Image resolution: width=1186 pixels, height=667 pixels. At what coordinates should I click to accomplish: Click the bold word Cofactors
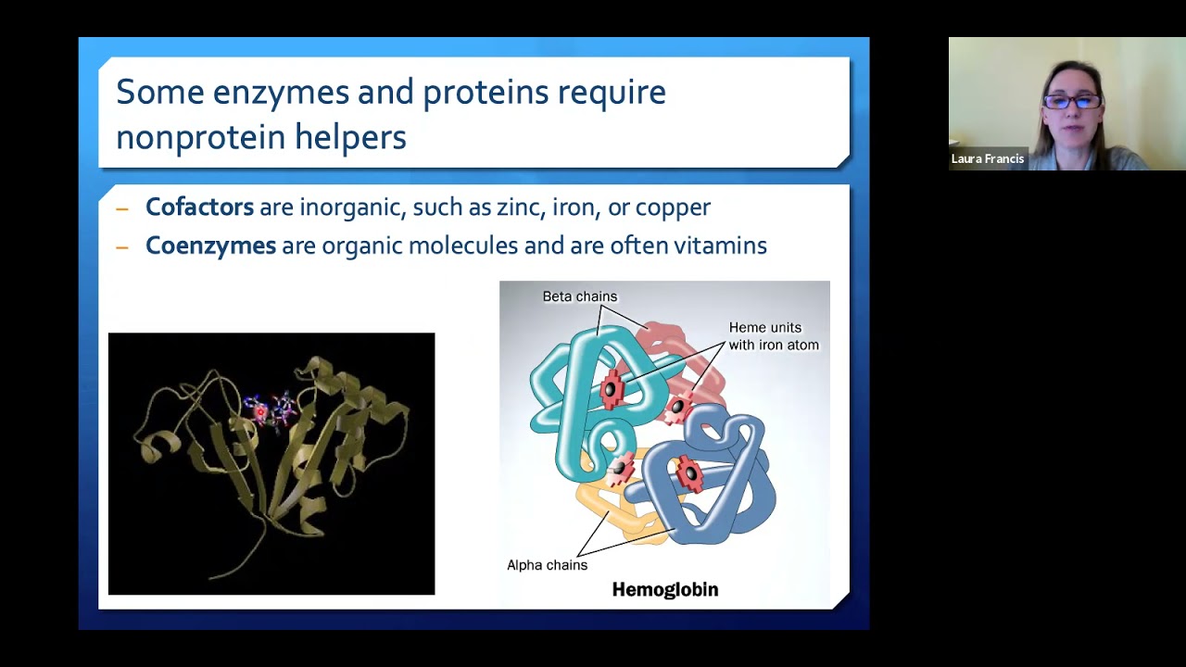click(x=199, y=207)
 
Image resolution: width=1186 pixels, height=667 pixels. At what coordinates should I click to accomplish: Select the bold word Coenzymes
click(x=210, y=245)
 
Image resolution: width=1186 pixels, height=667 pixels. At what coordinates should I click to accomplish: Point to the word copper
click(x=671, y=208)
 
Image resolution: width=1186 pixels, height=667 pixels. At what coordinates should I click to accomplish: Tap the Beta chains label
click(x=579, y=296)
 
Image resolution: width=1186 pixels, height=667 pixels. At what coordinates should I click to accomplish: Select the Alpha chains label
click(x=547, y=565)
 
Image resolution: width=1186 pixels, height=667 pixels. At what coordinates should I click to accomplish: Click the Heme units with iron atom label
click(x=773, y=336)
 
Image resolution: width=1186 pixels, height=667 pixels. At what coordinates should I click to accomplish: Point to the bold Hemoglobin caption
click(x=664, y=590)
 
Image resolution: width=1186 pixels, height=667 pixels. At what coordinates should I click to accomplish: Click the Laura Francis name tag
click(x=987, y=159)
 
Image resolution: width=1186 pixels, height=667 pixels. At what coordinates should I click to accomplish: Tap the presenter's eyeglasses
click(x=1072, y=101)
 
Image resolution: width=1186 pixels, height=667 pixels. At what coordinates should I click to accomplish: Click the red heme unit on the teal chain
click(x=611, y=390)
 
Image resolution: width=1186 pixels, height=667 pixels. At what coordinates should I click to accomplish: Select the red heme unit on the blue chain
click(x=689, y=474)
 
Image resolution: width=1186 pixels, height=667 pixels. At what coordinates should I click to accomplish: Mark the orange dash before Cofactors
click(x=122, y=208)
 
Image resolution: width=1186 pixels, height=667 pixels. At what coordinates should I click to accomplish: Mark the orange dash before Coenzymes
click(x=122, y=247)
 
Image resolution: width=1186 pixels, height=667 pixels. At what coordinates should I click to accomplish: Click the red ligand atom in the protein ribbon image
click(x=260, y=411)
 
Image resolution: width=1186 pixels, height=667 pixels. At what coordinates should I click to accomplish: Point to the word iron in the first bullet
click(x=574, y=207)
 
